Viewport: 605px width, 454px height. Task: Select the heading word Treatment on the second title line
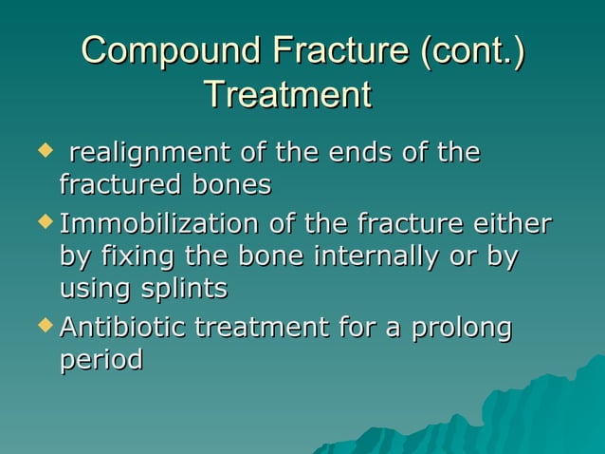[x=287, y=94]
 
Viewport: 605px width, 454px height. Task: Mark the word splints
[x=185, y=288]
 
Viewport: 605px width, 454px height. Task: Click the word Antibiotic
[x=123, y=329]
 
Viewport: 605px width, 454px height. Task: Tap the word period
[x=101, y=361]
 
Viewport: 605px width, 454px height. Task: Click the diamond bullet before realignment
[x=42, y=150]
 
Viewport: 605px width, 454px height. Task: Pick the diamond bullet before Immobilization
[x=42, y=222]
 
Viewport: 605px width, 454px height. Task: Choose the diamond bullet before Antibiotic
[x=42, y=326]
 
